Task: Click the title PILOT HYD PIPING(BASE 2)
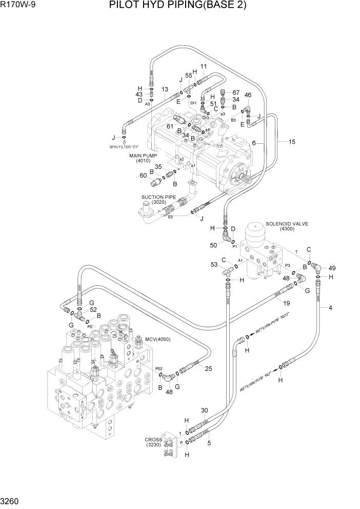tap(177, 6)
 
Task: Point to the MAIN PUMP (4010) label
tap(143, 158)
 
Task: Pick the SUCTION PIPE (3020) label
tap(158, 199)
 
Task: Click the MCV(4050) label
tap(157, 339)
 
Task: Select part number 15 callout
tap(292, 142)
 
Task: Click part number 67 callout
tap(236, 92)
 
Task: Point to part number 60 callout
tap(143, 175)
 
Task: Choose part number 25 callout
tap(209, 368)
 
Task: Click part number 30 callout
tap(204, 410)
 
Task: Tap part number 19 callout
tap(287, 303)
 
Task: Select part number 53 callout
tap(214, 264)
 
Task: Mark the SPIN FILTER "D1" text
tap(124, 147)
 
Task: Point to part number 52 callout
tap(93, 309)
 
